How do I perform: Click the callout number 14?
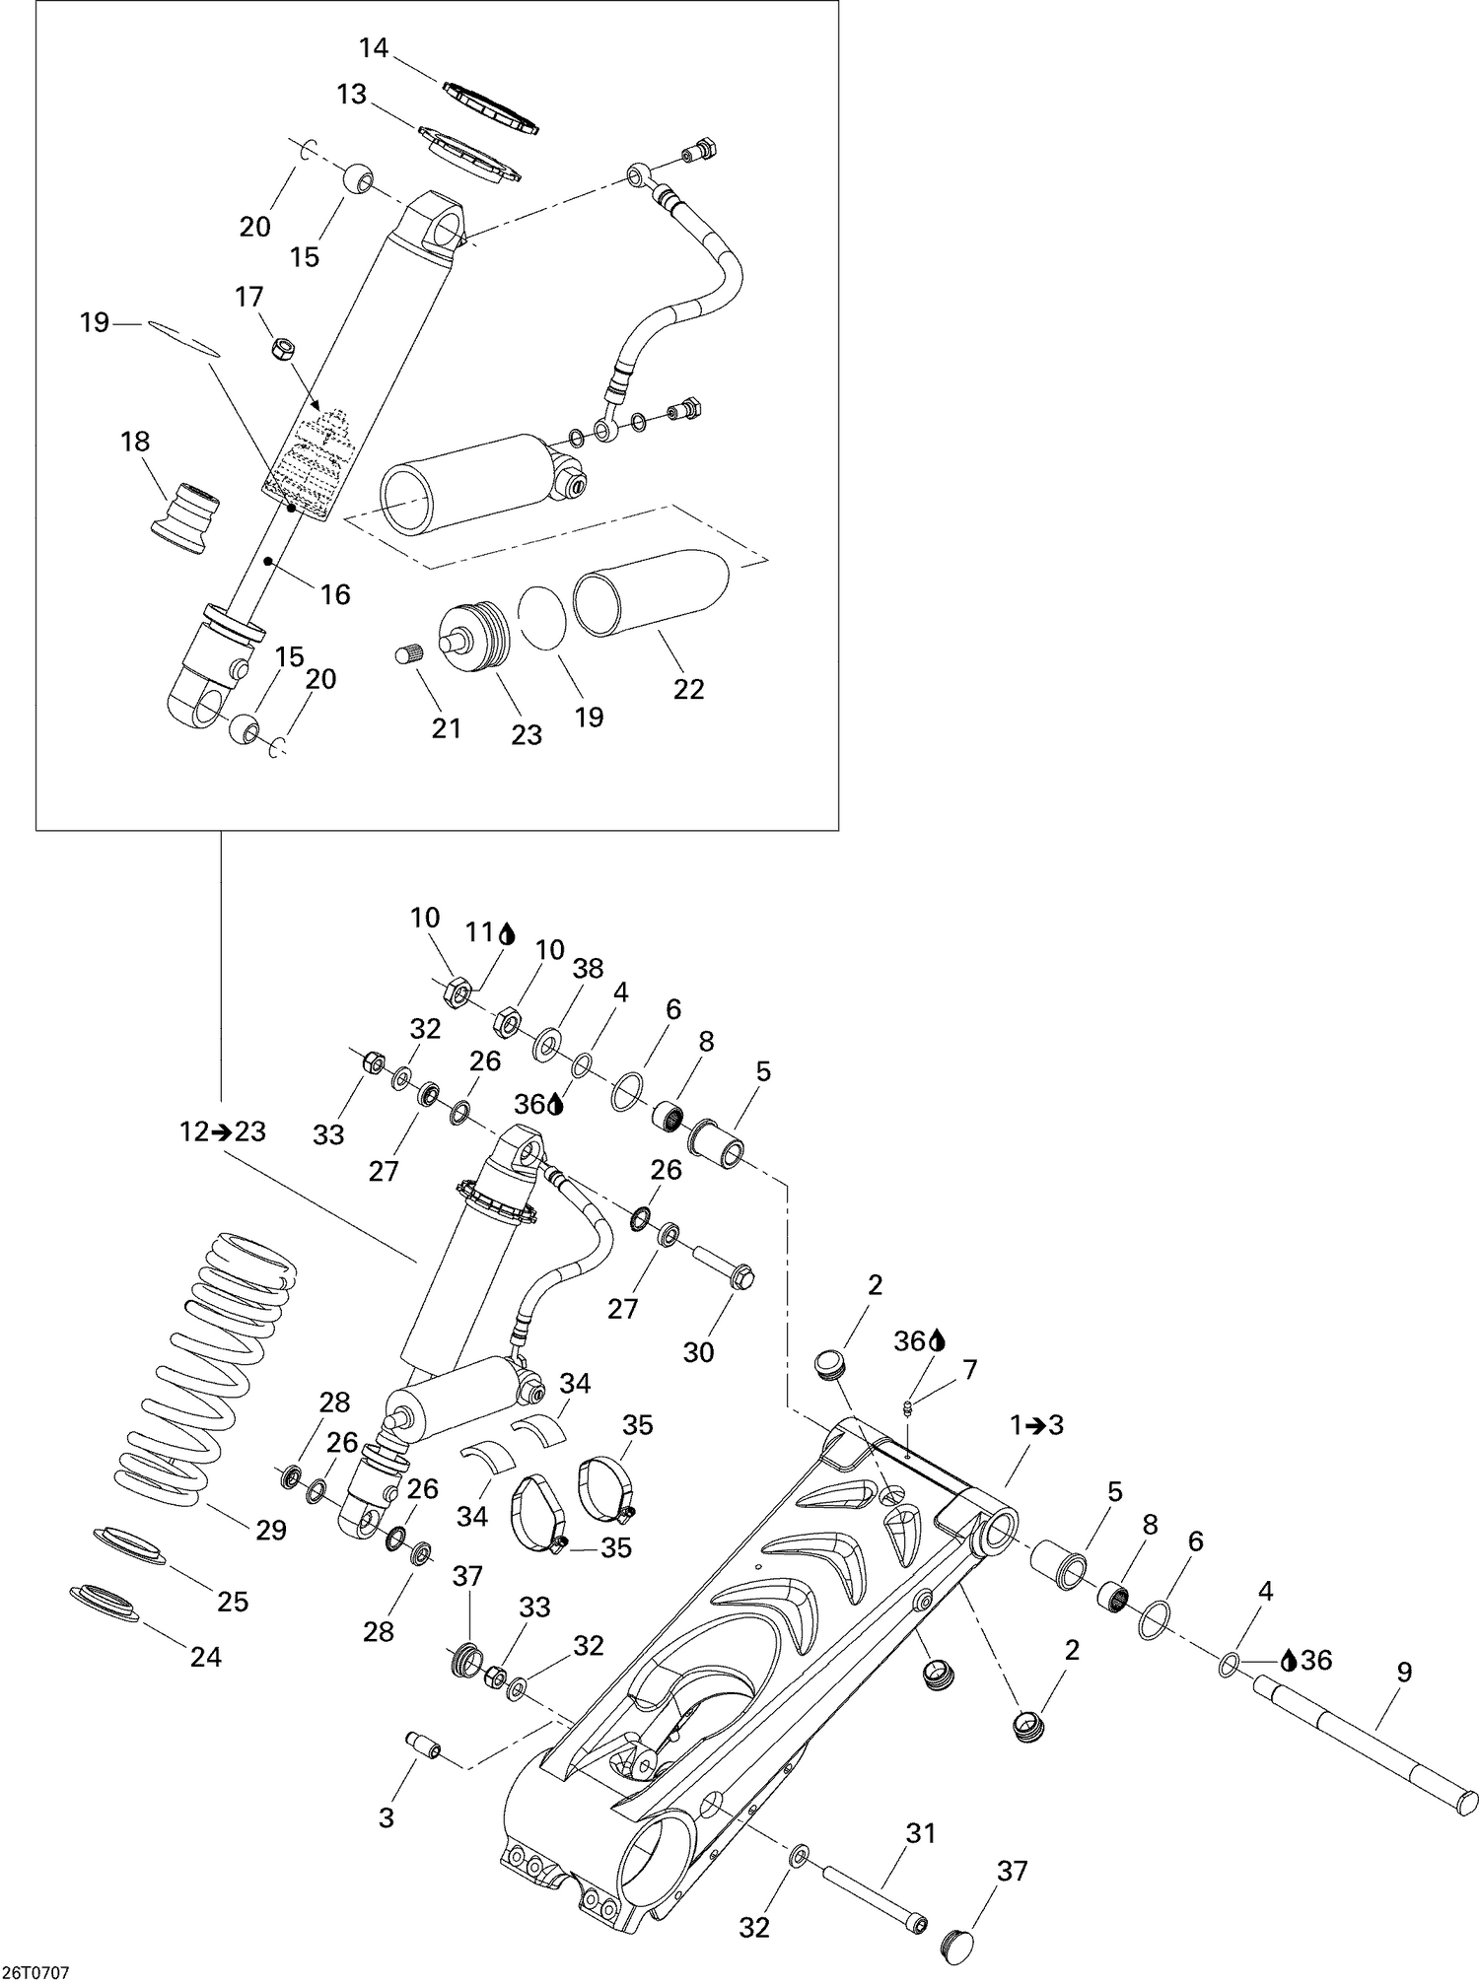(x=375, y=47)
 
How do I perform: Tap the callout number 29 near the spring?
(x=270, y=1530)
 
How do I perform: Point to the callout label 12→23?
(x=223, y=1131)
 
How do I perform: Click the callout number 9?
(x=1404, y=1672)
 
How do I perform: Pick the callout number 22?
(x=688, y=689)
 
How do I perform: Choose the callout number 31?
(x=920, y=1833)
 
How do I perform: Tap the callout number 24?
(x=206, y=1657)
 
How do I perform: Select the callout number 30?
(x=698, y=1352)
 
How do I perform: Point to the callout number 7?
(x=970, y=1369)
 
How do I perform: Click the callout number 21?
(x=447, y=728)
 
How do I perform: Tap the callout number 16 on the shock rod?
(x=336, y=594)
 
